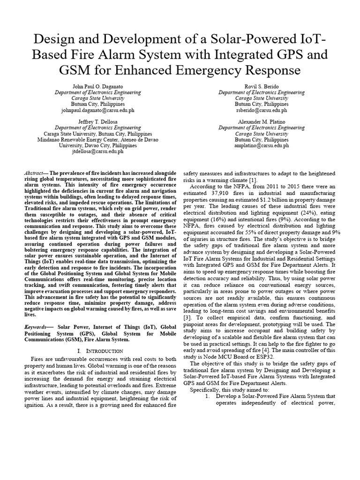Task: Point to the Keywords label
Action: click(x=36, y=325)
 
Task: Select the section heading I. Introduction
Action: click(x=99, y=351)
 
